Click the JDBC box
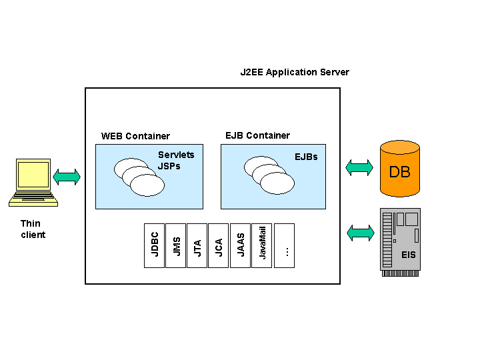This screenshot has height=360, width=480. point(154,245)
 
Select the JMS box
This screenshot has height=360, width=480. point(175,245)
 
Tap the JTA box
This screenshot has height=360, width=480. point(197,245)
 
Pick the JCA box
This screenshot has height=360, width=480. point(218,245)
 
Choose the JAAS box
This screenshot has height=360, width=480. point(240,245)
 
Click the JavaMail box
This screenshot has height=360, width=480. point(262,245)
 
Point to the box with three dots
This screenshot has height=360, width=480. point(284,245)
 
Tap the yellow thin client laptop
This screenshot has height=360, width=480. point(33,180)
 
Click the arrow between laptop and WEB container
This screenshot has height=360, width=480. point(67,177)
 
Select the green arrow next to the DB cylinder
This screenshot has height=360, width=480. point(359,167)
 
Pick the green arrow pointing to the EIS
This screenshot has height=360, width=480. point(361,233)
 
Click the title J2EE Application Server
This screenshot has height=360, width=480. point(295,72)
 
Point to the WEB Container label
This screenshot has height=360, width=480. point(135,136)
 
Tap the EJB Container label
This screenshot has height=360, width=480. point(257,135)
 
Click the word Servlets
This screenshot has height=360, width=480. point(176,155)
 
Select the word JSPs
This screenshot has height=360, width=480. point(169,166)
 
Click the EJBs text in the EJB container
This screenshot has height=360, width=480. point(306,157)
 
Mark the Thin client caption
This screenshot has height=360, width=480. point(33,229)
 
